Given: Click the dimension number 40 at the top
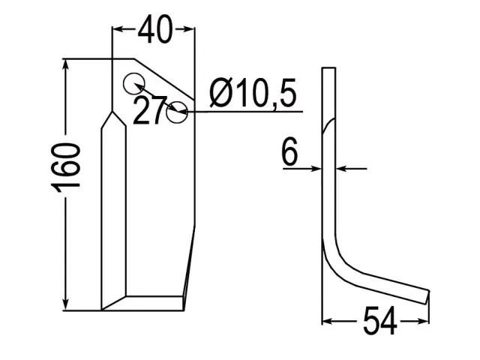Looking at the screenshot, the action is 155,29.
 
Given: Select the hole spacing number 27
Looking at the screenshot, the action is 150,110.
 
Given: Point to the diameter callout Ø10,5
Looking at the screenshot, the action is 253,92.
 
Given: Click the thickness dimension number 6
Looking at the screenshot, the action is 289,151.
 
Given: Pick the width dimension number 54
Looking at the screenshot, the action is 379,320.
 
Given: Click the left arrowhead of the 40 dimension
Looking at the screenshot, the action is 117,29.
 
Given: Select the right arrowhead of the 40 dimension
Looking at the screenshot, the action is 189,29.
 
